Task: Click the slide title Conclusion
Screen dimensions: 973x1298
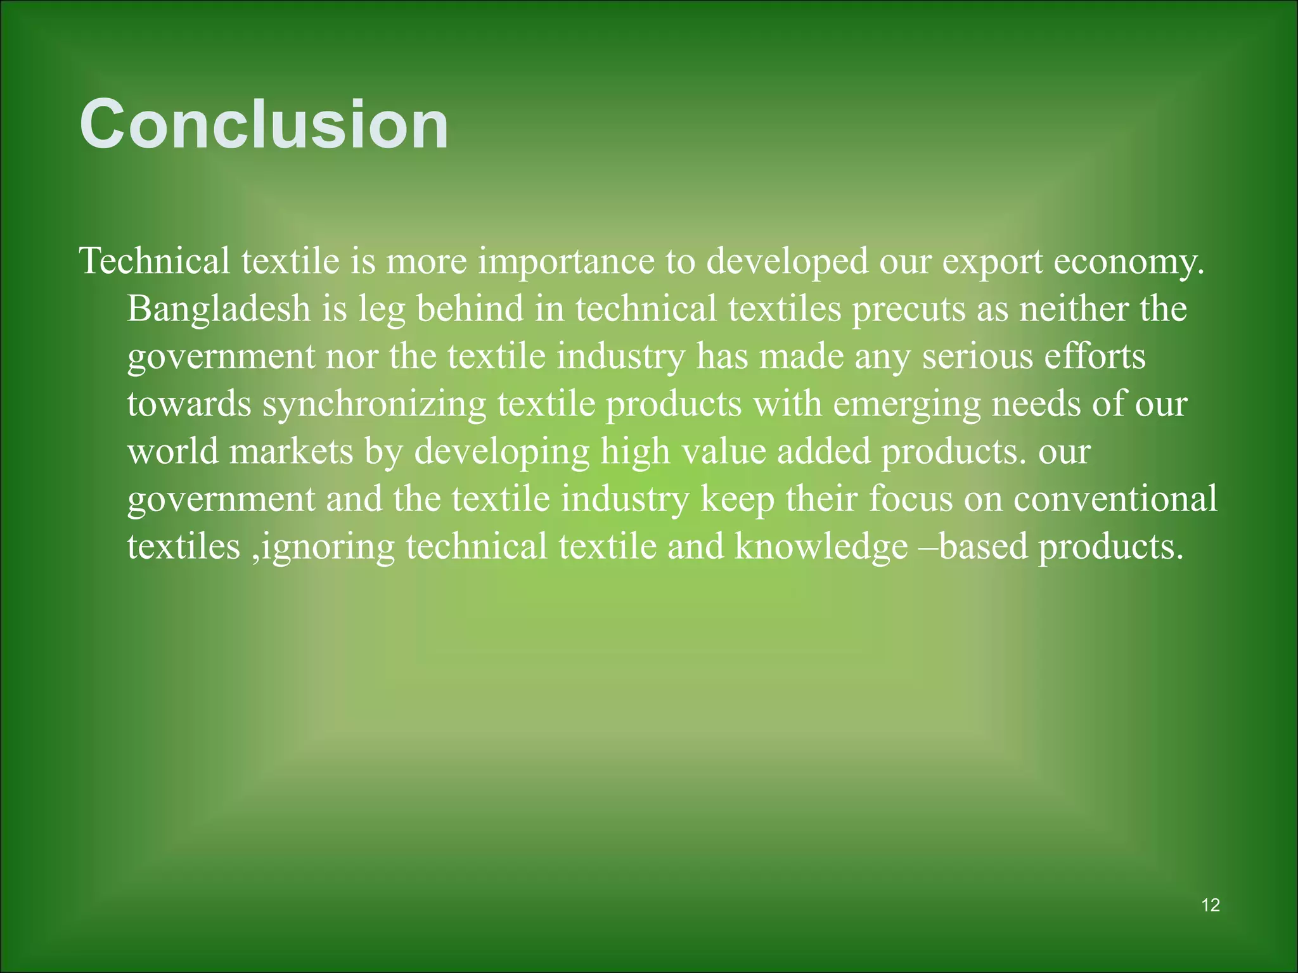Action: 264,125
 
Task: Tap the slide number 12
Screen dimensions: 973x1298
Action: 1210,905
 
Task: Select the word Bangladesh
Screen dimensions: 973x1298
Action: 219,309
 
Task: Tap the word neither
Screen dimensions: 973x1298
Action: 1074,309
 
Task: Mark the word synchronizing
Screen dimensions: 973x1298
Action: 374,404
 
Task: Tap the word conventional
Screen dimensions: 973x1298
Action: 1115,499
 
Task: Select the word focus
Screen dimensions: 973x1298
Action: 910,499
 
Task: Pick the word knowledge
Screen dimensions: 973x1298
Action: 821,547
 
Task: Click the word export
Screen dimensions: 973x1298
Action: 992,262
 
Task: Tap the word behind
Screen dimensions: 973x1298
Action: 470,309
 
